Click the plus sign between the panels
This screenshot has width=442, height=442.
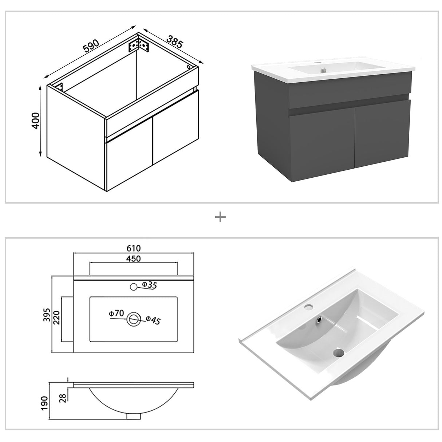pyautogui.click(x=220, y=218)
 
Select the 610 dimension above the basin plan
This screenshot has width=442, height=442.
pyautogui.click(x=134, y=249)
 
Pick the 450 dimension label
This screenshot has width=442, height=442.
pyautogui.click(x=134, y=259)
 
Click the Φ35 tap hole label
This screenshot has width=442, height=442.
pyautogui.click(x=149, y=285)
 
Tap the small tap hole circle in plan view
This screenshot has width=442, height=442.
pyautogui.click(x=134, y=287)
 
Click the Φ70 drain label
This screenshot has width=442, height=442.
pyautogui.click(x=117, y=313)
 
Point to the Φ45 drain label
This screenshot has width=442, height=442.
pyautogui.click(x=153, y=320)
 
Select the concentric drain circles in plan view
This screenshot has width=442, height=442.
pyautogui.click(x=134, y=319)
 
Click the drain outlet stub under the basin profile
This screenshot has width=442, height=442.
pyautogui.click(x=134, y=415)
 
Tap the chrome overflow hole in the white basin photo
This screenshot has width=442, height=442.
pyautogui.click(x=320, y=319)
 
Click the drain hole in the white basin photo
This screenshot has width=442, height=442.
pyautogui.click(x=339, y=352)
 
